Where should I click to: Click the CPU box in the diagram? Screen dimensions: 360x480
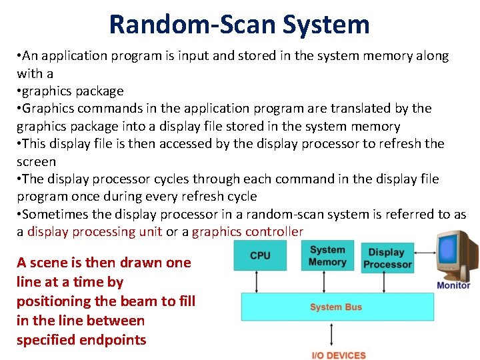coord(260,256)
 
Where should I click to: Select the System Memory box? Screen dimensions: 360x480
coord(327,256)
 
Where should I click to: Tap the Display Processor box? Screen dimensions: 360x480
coord(387,258)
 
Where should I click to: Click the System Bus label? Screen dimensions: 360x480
coord(336,307)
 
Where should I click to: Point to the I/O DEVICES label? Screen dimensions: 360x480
coord(339,355)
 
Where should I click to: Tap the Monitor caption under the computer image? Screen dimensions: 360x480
coord(453,285)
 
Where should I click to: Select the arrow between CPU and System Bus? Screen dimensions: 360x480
coord(260,283)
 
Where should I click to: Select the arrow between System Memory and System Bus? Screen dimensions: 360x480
coord(327,283)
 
